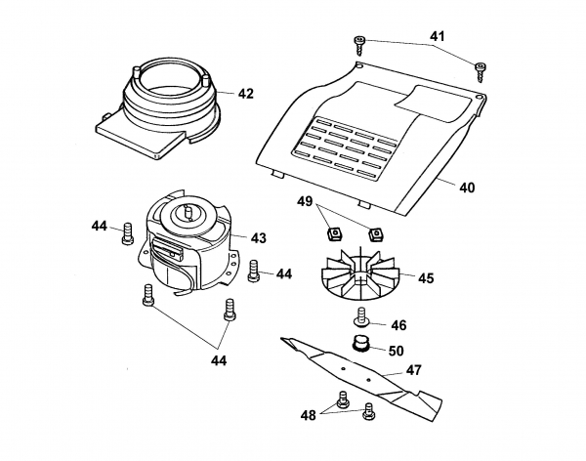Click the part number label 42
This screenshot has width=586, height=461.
tap(244, 94)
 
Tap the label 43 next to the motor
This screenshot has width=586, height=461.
tap(258, 237)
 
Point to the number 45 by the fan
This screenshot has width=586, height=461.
tap(426, 277)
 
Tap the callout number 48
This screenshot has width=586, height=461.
tap(309, 414)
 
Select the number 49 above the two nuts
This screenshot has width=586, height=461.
tap(305, 201)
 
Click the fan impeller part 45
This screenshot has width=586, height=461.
tap(362, 275)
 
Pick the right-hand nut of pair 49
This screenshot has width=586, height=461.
tap(373, 233)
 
